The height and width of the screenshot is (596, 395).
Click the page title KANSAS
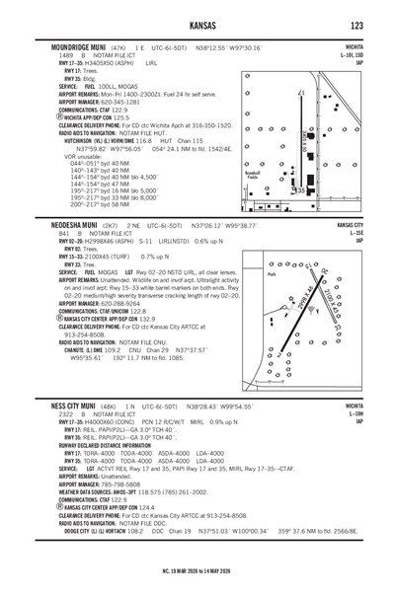[x=198, y=25]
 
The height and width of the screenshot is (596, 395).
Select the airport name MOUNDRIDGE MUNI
[x=68, y=46]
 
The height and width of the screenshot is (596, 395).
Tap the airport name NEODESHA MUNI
[x=64, y=225]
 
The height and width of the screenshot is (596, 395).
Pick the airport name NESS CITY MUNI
[x=61, y=406]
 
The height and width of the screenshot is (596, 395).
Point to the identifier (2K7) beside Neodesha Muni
[x=112, y=225]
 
